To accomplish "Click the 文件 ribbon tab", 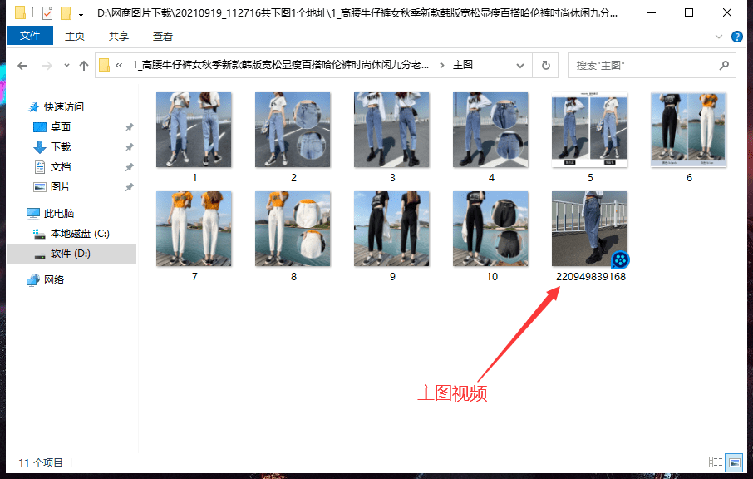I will click(29, 37).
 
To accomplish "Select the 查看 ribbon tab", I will click(163, 37).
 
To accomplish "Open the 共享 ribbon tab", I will click(119, 37).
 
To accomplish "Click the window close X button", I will click(727, 13).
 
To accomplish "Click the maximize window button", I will click(689, 13).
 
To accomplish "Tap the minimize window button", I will click(651, 13).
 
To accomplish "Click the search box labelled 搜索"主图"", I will click(644, 65).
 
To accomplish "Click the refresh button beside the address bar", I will click(545, 65).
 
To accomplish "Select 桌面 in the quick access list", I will click(61, 127).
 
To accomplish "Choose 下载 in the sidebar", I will click(61, 147).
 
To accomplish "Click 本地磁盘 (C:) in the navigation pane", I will click(80, 234).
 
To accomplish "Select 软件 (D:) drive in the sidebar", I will click(70, 254).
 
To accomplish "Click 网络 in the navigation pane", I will click(54, 280).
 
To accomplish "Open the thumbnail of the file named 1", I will click(194, 130).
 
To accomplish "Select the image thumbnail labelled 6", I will click(688, 130).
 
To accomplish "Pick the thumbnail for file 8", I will click(293, 229).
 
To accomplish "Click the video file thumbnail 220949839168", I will click(590, 229).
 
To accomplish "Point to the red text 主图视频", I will click(451, 393).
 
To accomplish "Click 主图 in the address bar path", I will click(463, 65).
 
